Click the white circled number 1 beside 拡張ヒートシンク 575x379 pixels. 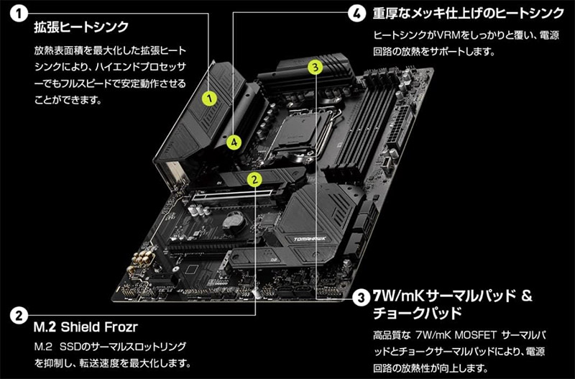pos(19,14)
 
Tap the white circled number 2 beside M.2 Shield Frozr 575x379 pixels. pos(19,315)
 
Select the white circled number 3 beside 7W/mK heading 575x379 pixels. pos(362,298)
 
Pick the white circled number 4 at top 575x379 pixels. pos(356,14)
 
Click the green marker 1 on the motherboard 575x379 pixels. pos(209,99)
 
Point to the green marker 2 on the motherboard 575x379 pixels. pos(254,179)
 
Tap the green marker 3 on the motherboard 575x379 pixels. pos(315,67)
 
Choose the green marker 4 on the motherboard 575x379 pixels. pos(234,142)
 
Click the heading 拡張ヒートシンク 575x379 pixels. pos(81,27)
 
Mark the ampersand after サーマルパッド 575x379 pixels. pos(527,296)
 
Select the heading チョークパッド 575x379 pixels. pos(417,314)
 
